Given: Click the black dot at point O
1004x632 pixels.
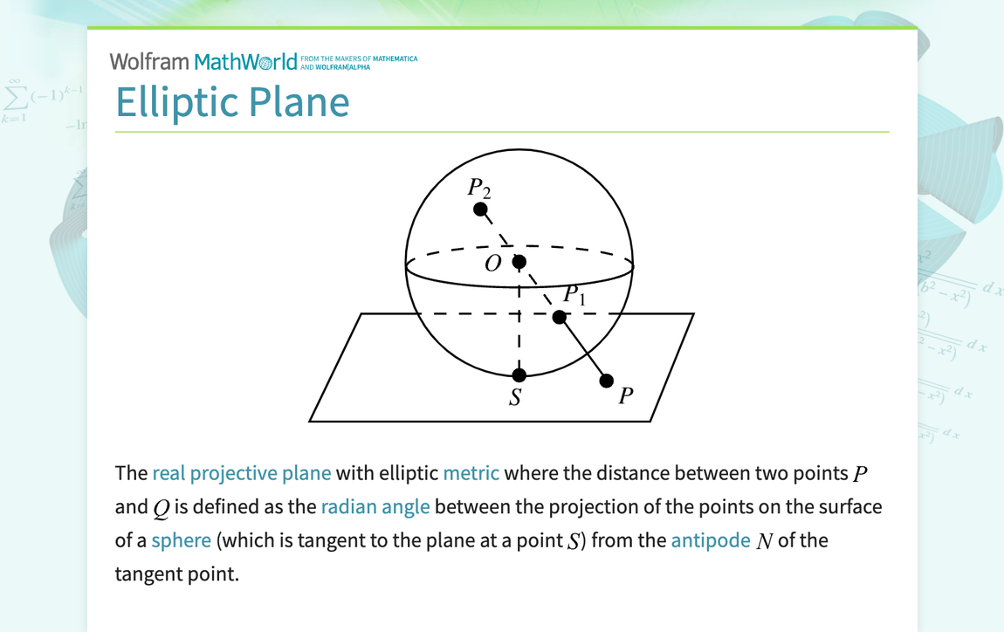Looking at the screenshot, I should point(519,261).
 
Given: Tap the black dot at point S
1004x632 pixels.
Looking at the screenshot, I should point(519,375).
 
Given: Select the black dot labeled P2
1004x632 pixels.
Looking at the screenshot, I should point(480,210).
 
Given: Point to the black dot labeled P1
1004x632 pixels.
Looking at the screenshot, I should point(560,317).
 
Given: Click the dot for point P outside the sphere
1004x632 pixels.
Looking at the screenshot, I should point(607,381).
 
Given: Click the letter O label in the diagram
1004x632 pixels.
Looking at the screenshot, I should point(493,264).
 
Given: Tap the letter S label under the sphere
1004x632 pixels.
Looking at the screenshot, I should point(516,398).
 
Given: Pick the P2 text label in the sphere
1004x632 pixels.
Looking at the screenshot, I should point(479,187).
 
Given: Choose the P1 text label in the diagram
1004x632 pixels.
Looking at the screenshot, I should point(574,295).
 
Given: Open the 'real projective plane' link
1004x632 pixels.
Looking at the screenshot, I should point(242,473).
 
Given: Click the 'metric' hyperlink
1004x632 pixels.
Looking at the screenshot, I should point(471,473).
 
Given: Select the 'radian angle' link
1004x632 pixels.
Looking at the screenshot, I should point(375,507).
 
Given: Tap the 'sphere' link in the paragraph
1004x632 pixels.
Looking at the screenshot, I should point(181,540).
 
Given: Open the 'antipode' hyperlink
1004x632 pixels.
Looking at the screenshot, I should point(711,540).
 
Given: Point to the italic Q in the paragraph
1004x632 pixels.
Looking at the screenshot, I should point(161,508).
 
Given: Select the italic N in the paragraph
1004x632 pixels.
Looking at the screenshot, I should point(764,541).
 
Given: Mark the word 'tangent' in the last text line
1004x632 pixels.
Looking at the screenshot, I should point(147,574).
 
